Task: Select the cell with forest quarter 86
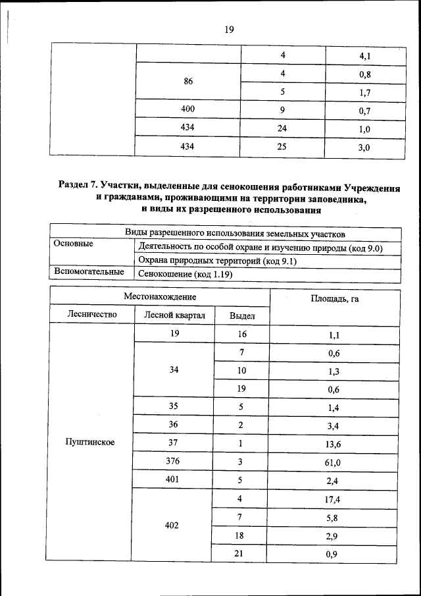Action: [189, 82]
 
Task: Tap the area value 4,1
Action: [364, 57]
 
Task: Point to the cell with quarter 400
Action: [189, 108]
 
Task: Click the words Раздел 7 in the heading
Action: [78, 186]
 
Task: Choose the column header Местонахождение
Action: [160, 298]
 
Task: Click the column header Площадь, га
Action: [334, 298]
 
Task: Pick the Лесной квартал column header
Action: [174, 315]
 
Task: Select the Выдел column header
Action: [242, 315]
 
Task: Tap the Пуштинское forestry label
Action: [90, 442]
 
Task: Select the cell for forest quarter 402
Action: [174, 526]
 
